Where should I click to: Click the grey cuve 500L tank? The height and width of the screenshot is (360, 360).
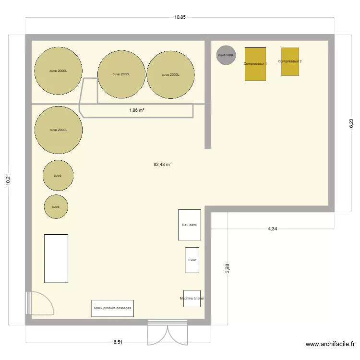point(226,55)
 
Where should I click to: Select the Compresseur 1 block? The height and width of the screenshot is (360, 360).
point(255,64)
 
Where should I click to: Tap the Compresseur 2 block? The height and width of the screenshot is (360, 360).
point(290,61)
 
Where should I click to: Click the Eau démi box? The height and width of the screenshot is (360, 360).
point(190,225)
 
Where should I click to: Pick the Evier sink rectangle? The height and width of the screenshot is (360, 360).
point(192,260)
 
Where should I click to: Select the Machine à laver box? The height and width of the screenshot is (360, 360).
point(192,298)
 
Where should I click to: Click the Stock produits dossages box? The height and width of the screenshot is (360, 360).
point(112,308)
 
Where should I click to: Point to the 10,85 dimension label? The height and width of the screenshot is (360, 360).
point(180,17)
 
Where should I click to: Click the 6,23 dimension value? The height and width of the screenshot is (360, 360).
point(351,123)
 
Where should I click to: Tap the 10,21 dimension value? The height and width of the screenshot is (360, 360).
point(8,180)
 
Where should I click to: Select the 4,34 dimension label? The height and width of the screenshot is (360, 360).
point(272,229)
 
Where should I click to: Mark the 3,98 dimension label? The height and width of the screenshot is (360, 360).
point(228,269)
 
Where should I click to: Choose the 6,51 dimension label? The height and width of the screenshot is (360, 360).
point(118,342)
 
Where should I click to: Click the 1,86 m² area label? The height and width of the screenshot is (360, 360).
point(137,110)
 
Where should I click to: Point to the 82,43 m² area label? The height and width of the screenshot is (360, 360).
point(162,164)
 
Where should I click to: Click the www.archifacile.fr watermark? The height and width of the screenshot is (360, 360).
point(330,344)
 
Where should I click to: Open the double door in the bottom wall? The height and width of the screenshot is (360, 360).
point(168,331)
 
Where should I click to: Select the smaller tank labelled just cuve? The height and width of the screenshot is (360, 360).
point(56,207)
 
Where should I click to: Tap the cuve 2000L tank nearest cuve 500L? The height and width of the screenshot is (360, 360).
point(171,74)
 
